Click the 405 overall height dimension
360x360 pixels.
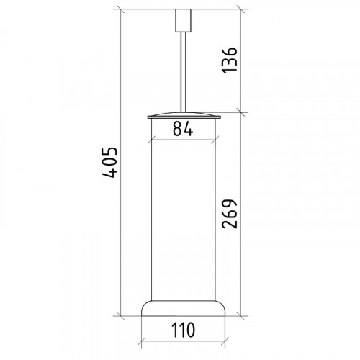[x=109, y=163]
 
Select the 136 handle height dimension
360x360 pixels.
[x=230, y=60]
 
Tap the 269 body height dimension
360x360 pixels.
[x=230, y=214]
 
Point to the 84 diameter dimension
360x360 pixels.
[x=183, y=128]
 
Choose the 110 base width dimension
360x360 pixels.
[x=183, y=330]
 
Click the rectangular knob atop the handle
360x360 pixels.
[x=184, y=20]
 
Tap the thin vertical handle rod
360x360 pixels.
[x=184, y=72]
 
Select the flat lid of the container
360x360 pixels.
[x=184, y=115]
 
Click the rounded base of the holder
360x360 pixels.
[x=184, y=308]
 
